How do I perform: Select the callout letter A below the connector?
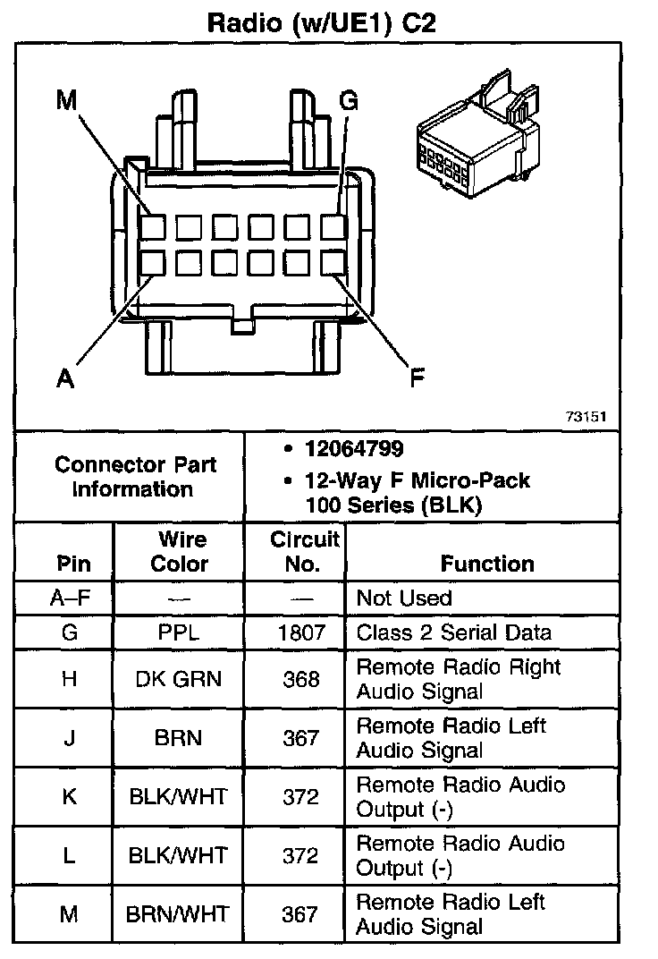[64, 379]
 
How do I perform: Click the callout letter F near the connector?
[417, 379]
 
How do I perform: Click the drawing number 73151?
[586, 417]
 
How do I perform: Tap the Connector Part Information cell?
[135, 477]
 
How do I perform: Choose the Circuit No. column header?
[305, 552]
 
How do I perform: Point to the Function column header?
[487, 564]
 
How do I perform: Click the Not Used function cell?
[404, 598]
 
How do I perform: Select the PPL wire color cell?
[179, 632]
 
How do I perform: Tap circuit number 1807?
[301, 632]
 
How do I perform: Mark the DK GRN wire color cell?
[179, 679]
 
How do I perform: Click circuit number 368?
[301, 679]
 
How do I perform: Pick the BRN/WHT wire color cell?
[179, 914]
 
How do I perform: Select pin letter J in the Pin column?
[69, 738]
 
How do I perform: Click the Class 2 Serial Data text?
[454, 632]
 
